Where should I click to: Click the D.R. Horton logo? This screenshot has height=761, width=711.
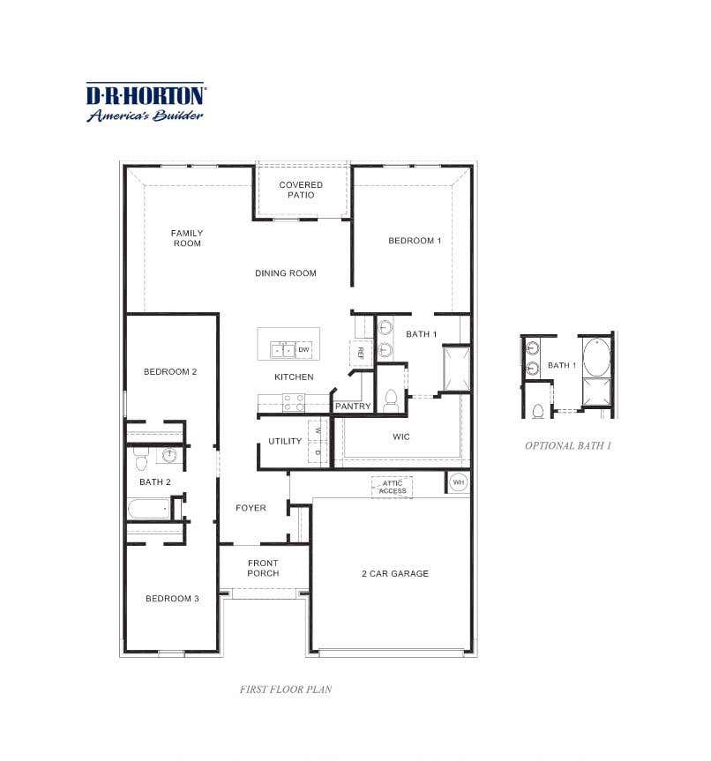[146, 102]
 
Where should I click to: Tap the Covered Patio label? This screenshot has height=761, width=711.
[301, 190]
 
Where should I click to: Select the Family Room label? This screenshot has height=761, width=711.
[187, 238]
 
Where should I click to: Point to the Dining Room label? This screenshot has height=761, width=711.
[286, 273]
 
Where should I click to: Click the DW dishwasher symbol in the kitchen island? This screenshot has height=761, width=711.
[303, 349]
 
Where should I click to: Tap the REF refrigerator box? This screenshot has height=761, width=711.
[361, 353]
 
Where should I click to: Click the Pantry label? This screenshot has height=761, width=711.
[353, 407]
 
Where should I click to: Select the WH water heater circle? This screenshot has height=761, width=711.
[458, 482]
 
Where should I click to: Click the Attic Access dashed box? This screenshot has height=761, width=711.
[392, 488]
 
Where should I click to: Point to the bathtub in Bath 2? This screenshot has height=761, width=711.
[149, 509]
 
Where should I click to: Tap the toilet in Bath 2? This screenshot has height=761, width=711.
[141, 459]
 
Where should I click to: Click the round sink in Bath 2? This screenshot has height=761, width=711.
[169, 455]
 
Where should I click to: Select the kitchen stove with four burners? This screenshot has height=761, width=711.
[294, 403]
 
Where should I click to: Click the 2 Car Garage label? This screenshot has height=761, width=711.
[395, 574]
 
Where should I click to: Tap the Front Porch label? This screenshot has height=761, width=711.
[263, 568]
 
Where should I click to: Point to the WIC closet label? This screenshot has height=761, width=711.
[401, 436]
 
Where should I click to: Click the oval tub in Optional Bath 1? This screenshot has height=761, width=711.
[597, 357]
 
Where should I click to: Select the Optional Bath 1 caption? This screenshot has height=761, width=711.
[568, 445]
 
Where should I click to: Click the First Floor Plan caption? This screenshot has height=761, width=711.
[286, 690]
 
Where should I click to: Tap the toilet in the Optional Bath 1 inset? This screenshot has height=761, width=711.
[537, 412]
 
